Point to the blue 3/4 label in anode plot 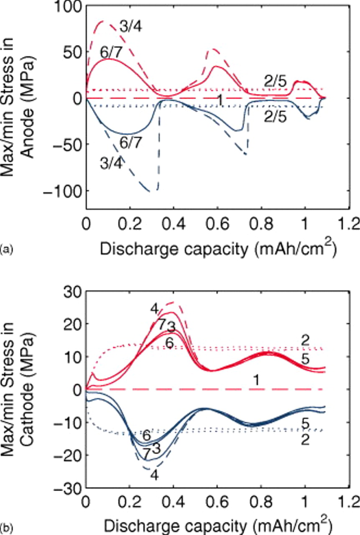(x=112, y=163)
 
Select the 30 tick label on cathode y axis (x=71, y=291)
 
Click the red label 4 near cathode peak (x=155, y=309)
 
